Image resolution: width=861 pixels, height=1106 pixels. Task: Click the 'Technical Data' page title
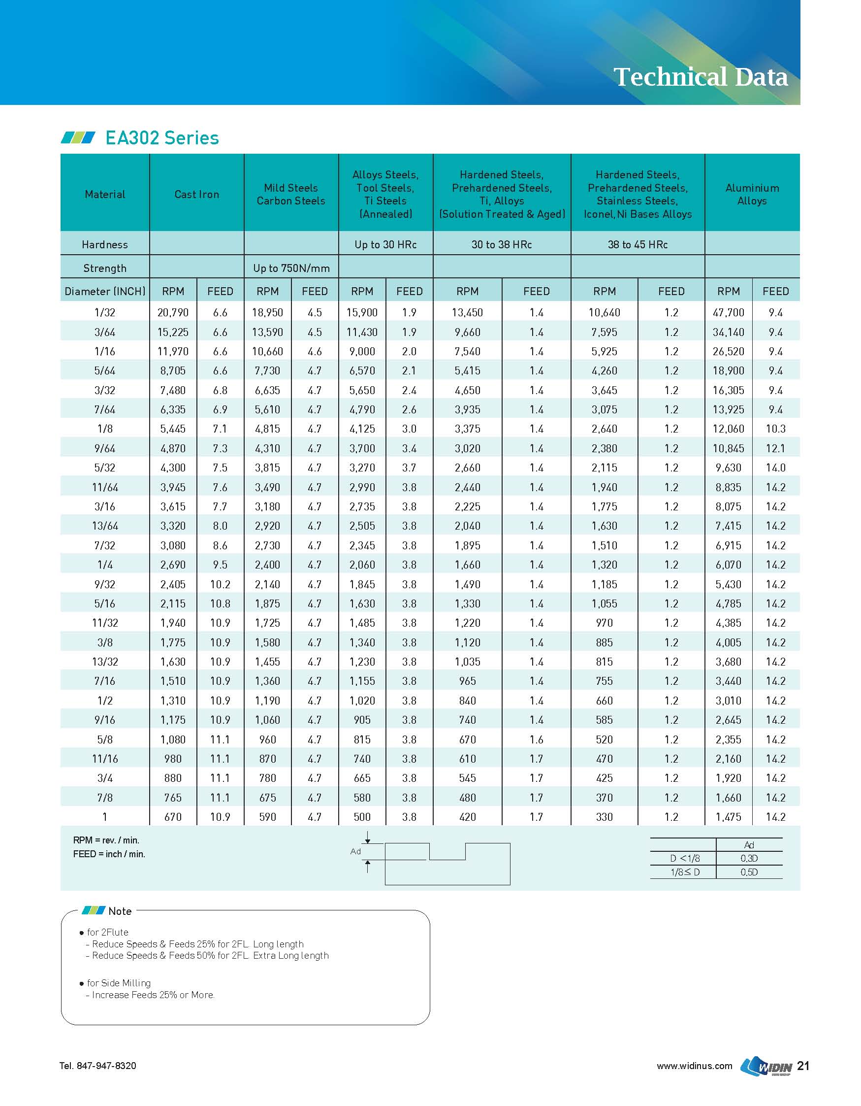pos(700,77)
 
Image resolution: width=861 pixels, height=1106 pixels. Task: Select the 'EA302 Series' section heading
pos(161,138)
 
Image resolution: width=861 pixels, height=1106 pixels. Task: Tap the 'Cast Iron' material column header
pos(196,194)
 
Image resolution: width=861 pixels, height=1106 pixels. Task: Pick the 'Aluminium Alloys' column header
pos(752,194)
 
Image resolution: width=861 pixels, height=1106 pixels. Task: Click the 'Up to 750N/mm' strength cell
pos(291,268)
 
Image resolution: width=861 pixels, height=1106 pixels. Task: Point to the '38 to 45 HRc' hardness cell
pos(638,244)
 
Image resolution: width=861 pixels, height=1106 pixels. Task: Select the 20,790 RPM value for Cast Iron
pos(173,312)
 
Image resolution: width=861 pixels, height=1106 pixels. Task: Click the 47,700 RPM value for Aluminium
pos(728,312)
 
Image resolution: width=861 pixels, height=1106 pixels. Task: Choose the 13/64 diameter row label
pos(105,526)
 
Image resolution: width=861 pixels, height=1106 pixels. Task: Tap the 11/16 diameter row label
pos(105,759)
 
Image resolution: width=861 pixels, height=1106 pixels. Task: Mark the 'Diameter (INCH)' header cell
pos(105,291)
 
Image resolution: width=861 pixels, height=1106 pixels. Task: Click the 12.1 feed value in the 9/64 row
pos(775,448)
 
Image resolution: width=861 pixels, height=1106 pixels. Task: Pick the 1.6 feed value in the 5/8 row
pos(536,739)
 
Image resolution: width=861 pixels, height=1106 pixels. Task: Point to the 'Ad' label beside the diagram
pos(356,851)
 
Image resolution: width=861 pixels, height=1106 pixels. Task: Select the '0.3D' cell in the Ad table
pos(749,858)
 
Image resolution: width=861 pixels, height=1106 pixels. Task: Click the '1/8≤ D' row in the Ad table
pos(684,872)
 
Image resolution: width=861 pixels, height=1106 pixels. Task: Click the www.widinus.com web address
pos(694,1066)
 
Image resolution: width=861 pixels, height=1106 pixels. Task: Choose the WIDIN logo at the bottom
pos(766,1066)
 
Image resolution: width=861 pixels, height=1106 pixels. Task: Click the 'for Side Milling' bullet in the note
pos(119,983)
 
